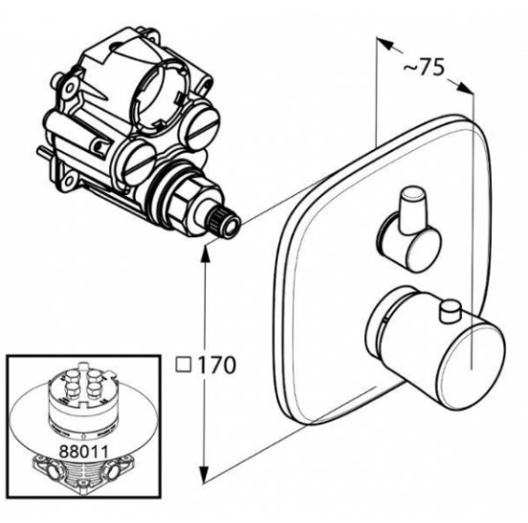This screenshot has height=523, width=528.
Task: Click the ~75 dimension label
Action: point(425,67)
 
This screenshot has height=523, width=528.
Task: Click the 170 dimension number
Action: point(215,365)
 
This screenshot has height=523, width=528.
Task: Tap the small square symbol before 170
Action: point(184,365)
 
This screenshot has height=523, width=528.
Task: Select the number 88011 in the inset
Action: point(83,451)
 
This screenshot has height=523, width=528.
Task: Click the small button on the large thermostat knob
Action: point(451,311)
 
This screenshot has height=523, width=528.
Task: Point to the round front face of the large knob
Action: point(472,366)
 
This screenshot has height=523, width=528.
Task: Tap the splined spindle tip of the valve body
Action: point(223,222)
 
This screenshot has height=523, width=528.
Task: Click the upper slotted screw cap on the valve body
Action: point(201,125)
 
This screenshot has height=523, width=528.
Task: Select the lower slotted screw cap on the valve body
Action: point(139,162)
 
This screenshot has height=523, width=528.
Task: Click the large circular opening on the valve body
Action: point(157,96)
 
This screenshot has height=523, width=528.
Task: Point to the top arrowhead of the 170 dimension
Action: point(206,251)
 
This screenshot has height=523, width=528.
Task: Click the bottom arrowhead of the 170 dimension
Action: point(204,474)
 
